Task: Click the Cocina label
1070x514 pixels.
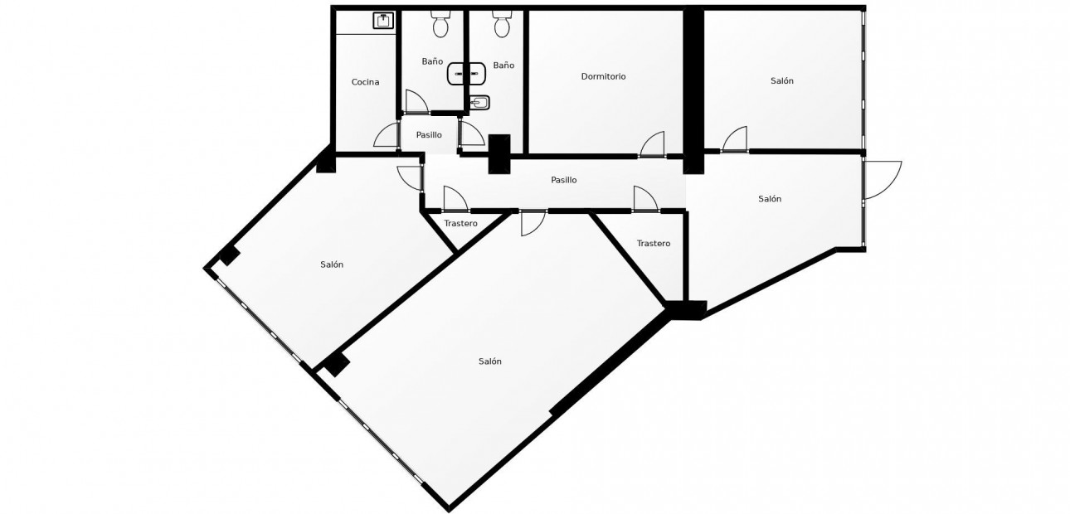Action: pyautogui.click(x=366, y=82)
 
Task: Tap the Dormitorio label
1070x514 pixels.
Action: pyautogui.click(x=603, y=76)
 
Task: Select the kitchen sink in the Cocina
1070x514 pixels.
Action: pyautogui.click(x=383, y=21)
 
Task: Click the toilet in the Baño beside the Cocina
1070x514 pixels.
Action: pyautogui.click(x=440, y=24)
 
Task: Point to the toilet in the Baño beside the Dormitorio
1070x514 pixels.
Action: pyautogui.click(x=501, y=24)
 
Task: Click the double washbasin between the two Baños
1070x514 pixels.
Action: pyautogui.click(x=467, y=74)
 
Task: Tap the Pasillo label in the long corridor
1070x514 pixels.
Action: pyautogui.click(x=564, y=180)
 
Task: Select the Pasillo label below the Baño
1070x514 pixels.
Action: pyautogui.click(x=429, y=135)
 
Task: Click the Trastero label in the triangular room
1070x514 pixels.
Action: pyautogui.click(x=460, y=223)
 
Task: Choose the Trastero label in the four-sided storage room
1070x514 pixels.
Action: pyautogui.click(x=654, y=244)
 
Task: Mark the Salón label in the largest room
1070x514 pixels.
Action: pyautogui.click(x=490, y=361)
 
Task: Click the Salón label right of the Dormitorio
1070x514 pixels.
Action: pyautogui.click(x=782, y=80)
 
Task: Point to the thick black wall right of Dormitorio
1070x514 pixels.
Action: pyautogui.click(x=693, y=90)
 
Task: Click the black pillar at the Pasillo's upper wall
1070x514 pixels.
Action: pyautogui.click(x=499, y=153)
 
